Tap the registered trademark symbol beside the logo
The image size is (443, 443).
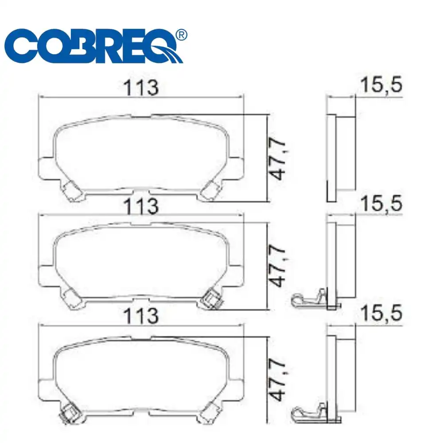tap(181, 35)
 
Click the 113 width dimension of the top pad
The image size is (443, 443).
tap(141, 87)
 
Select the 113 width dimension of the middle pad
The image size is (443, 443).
tap(141, 206)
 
